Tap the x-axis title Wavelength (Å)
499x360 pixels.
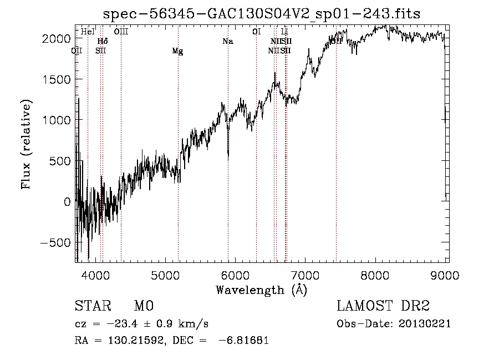(x=261, y=290)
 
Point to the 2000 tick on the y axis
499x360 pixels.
(x=56, y=38)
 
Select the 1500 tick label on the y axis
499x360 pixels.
(x=56, y=79)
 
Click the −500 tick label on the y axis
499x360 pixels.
(x=53, y=242)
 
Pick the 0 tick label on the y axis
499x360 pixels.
(x=67, y=202)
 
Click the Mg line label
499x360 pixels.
(x=177, y=51)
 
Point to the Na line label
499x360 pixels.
(x=228, y=41)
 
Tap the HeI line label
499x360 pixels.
(x=88, y=32)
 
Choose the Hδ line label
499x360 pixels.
(x=103, y=41)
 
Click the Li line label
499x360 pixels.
(x=284, y=32)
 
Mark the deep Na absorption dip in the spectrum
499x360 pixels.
(x=228, y=155)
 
